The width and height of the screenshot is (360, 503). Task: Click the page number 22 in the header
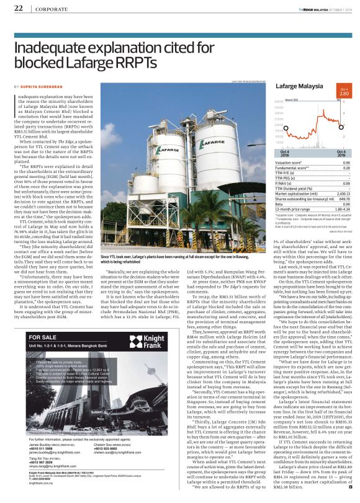(18, 7)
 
